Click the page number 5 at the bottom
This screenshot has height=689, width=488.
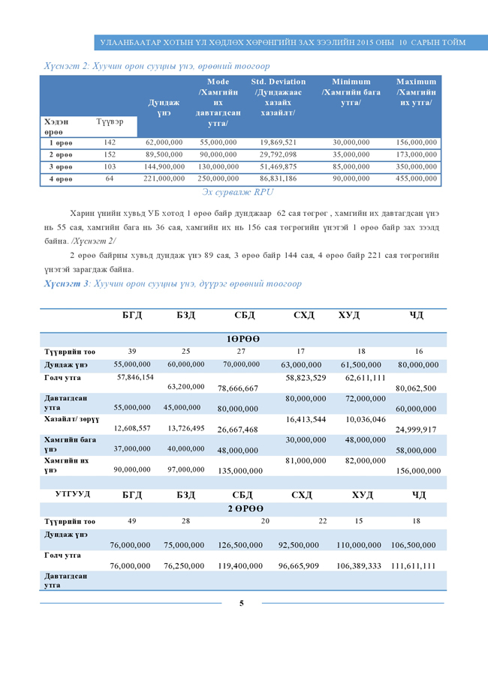pos(241,603)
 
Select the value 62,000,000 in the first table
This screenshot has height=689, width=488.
pos(164,142)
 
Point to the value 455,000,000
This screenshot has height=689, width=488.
pos(417,178)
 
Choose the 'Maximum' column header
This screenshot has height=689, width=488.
pos(417,91)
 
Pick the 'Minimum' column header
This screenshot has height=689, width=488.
pos(350,91)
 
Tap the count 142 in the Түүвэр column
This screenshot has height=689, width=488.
pos(110,142)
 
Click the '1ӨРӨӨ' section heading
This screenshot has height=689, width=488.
pos(243,340)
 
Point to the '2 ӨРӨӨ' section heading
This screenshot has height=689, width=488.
pos(242,509)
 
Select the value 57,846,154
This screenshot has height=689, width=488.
pos(135,376)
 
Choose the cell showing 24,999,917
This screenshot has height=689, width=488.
pos(418,430)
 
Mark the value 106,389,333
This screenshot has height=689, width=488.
pos(359,566)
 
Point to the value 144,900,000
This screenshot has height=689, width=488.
pos(164,166)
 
